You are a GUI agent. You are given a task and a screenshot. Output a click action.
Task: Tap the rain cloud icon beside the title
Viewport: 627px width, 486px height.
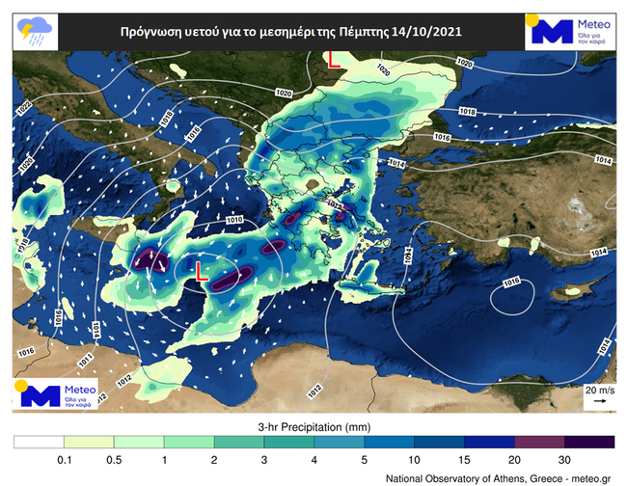click(x=35, y=31)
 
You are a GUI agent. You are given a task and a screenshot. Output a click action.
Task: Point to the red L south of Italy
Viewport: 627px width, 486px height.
click(x=202, y=272)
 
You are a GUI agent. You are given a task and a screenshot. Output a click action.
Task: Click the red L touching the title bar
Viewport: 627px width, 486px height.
click(x=334, y=60)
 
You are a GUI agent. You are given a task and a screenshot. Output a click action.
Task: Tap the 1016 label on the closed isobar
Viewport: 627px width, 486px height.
click(x=511, y=283)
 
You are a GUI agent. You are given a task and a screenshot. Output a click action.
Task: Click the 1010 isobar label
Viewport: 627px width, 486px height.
click(x=234, y=221)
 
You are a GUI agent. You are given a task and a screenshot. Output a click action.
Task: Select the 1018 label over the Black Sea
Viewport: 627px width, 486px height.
click(x=468, y=113)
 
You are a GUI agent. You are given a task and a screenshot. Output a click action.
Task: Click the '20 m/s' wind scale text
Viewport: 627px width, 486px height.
click(x=598, y=391)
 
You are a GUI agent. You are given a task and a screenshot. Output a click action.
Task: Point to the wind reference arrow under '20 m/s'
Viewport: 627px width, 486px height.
click(x=599, y=402)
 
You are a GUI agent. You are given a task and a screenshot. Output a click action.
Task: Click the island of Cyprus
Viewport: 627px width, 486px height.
click(x=575, y=289)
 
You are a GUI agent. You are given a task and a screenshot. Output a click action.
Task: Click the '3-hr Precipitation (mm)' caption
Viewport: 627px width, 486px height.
click(x=313, y=425)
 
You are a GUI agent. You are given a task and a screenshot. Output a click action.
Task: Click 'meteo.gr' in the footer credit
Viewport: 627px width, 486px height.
click(x=591, y=477)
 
